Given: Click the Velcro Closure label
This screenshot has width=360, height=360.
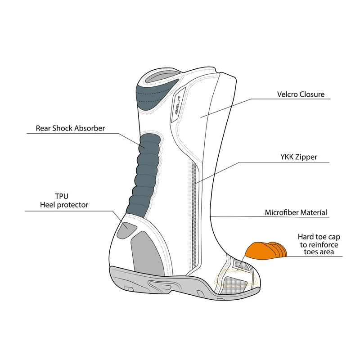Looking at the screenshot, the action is [301, 94].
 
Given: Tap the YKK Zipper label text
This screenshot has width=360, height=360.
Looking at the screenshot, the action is [298, 157].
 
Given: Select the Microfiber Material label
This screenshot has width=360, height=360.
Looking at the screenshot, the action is [296, 212].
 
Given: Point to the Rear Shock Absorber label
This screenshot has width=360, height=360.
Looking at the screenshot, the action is [70, 128].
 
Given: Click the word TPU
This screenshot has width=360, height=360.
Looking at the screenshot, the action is [62, 196].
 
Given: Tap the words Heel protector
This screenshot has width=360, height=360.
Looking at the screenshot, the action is [64, 205].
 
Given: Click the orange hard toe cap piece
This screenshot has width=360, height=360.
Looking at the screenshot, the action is [266, 251].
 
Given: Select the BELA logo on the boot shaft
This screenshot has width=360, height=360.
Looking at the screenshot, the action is [177, 105].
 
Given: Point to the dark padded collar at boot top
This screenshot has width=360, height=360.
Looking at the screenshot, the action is [154, 96].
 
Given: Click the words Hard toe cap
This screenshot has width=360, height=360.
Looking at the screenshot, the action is [319, 237].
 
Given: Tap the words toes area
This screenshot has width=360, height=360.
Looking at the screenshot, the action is [319, 252].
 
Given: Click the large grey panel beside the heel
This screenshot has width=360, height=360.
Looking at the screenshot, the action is [147, 252].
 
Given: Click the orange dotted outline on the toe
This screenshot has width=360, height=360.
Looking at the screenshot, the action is [235, 279].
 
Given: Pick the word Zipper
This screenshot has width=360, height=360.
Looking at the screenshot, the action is [306, 157].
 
